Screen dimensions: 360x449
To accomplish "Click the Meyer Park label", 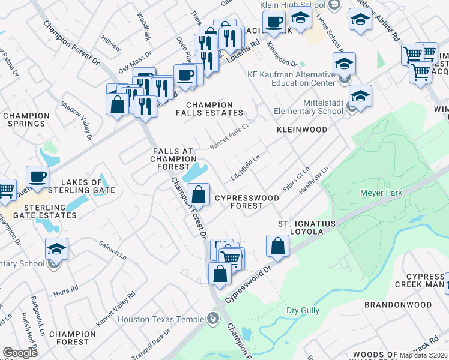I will pyautogui.click(x=381, y=193).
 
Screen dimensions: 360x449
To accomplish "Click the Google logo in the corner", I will pyautogui.click(x=20, y=352).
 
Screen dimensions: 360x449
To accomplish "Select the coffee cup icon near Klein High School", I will pyautogui.click(x=275, y=22).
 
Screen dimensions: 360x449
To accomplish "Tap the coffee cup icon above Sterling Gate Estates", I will pyautogui.click(x=37, y=176).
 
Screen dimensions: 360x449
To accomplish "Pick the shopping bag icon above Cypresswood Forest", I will pyautogui.click(x=198, y=194).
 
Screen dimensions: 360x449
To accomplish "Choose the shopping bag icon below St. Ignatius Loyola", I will pyautogui.click(x=277, y=245).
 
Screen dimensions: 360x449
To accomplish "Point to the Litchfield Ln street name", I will pyautogui.click(x=246, y=169).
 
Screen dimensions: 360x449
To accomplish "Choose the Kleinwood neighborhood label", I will pyautogui.click(x=301, y=130).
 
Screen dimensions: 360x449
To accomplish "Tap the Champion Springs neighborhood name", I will pyautogui.click(x=26, y=119).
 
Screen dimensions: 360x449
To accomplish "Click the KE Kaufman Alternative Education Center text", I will pyautogui.click(x=291, y=79).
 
